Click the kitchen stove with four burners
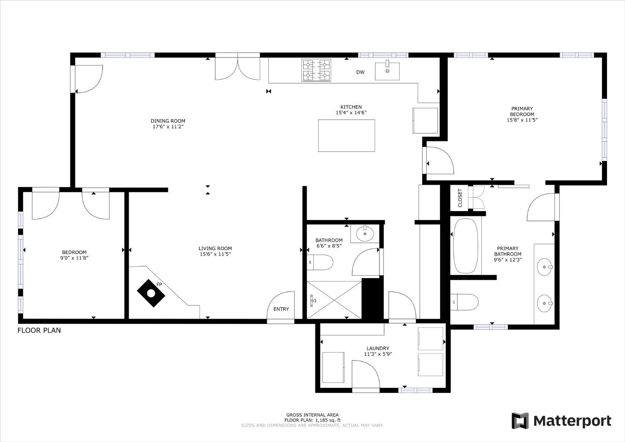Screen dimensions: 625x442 (316, 70)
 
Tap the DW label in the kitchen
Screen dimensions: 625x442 (360, 72)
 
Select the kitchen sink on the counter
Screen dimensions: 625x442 (387, 70)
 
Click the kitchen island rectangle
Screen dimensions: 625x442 (347, 136)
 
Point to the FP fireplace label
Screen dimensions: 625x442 (159, 284)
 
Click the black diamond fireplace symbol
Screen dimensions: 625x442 (151, 293)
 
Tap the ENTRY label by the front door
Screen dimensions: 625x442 (281, 309)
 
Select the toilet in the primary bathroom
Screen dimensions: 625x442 (464, 302)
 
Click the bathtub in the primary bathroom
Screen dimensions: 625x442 (465, 246)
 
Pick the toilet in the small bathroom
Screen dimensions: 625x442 (320, 262)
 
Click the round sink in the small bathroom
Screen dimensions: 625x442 (365, 234)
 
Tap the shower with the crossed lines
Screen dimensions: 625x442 (334, 300)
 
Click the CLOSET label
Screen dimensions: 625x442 (460, 198)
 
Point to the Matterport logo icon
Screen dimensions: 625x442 (520, 420)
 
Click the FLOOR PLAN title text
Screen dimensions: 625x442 (39, 330)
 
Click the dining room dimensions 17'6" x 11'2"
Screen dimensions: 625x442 (168, 126)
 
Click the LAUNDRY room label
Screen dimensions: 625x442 (378, 348)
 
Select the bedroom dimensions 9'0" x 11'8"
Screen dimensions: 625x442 (75, 258)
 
